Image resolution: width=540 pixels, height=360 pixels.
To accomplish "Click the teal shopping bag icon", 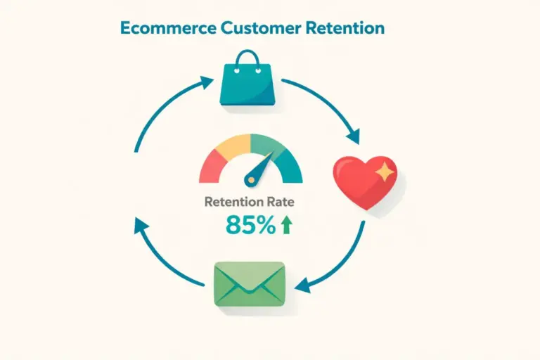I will click(245, 84).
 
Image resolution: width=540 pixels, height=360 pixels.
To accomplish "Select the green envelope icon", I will click(249, 283).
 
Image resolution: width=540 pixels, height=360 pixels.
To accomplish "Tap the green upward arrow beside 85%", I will click(286, 224).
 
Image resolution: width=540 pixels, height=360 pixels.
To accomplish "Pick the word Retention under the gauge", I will click(232, 202).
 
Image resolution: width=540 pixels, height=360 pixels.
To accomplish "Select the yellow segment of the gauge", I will click(236, 145).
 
